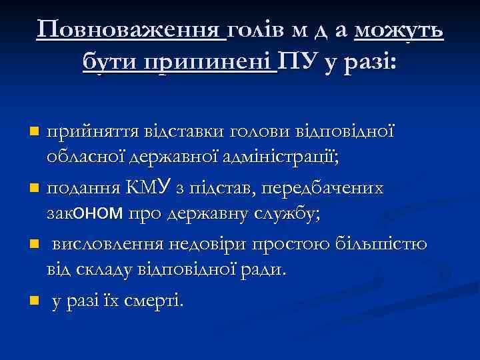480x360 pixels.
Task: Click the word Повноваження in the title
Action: pos(131,30)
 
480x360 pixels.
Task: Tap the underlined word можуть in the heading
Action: pos(399,30)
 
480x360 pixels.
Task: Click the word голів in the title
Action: pos(253,30)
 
